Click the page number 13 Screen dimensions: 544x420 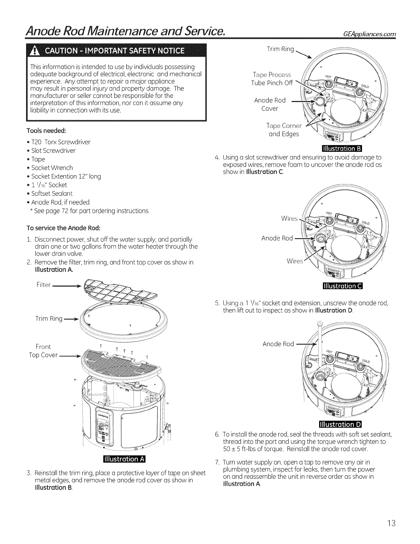(x=391, y=524)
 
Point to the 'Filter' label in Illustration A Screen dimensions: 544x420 (x=43, y=285)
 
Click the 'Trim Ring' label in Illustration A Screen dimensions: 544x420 (x=49, y=319)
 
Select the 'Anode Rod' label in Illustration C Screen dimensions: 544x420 (x=277, y=238)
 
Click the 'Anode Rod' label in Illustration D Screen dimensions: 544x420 (x=278, y=344)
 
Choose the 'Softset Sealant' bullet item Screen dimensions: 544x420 (x=52, y=193)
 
